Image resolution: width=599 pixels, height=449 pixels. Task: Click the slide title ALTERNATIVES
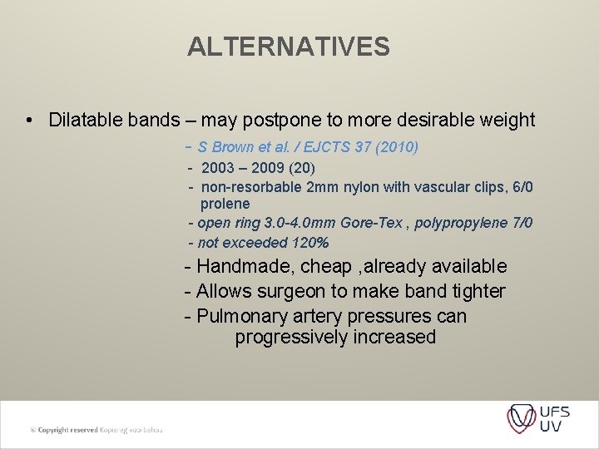(289, 47)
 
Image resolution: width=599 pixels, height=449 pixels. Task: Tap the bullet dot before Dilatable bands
(29, 121)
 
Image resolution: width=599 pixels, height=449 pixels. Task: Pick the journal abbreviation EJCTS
(328, 148)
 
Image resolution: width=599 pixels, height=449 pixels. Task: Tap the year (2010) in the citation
(396, 148)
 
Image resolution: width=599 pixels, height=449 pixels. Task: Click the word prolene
(225, 204)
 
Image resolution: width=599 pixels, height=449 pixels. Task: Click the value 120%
(310, 243)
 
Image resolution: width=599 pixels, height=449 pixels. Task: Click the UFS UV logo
(538, 417)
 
